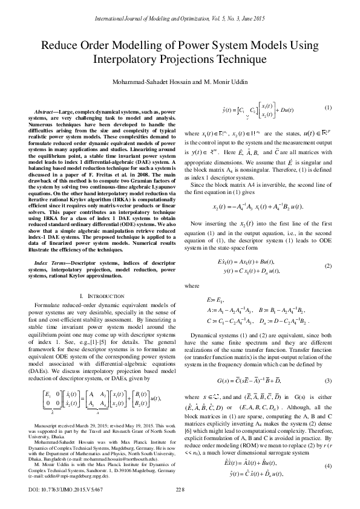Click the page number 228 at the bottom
coord(180,488)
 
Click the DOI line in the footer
coord(57,488)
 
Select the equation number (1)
coord(329,108)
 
